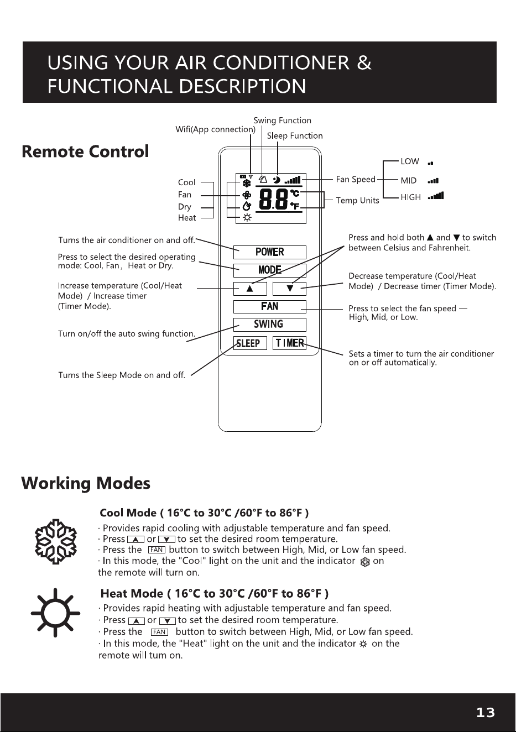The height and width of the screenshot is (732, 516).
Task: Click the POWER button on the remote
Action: [x=270, y=252]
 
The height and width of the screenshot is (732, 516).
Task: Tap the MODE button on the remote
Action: [x=270, y=270]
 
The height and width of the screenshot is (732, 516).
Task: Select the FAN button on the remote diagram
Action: [x=270, y=306]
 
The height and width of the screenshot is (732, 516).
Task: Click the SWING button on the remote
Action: [x=270, y=325]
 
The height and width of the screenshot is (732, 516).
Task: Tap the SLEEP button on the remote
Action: [x=250, y=343]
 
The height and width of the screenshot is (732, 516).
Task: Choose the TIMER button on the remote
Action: [x=289, y=343]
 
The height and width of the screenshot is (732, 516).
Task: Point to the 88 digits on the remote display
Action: [x=274, y=200]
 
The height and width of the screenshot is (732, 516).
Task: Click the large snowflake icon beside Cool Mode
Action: [x=56, y=541]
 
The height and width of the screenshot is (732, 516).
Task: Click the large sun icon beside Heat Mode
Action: [x=55, y=613]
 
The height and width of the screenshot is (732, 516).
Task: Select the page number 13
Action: [x=486, y=713]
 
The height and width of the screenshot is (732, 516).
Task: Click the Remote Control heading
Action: [x=85, y=151]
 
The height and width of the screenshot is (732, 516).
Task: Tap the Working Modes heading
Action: [x=86, y=483]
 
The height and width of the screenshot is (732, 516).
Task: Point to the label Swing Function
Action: [x=282, y=121]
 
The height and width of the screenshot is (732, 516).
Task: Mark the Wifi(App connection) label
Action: [x=216, y=129]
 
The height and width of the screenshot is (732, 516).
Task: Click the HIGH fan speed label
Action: [x=410, y=197]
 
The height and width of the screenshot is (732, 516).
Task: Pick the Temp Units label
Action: [x=357, y=200]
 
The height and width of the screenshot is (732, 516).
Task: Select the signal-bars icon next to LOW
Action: [x=431, y=163]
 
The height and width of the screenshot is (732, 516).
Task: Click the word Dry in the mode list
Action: [x=184, y=207]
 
